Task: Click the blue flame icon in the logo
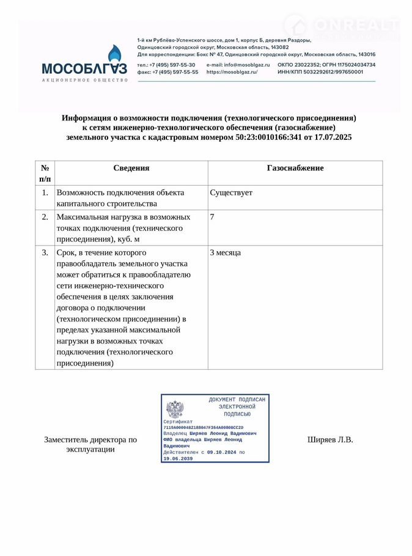[x=114, y=56]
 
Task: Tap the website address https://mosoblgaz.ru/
[x=232, y=72]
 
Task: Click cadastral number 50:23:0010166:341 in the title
[x=269, y=137]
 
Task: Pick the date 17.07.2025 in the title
[x=333, y=137]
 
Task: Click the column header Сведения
[x=131, y=168]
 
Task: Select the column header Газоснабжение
[x=295, y=168]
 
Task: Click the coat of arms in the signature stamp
[x=175, y=409]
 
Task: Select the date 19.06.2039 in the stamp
[x=178, y=458]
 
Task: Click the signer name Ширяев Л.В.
[x=330, y=439]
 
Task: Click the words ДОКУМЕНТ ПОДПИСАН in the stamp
[x=237, y=400]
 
